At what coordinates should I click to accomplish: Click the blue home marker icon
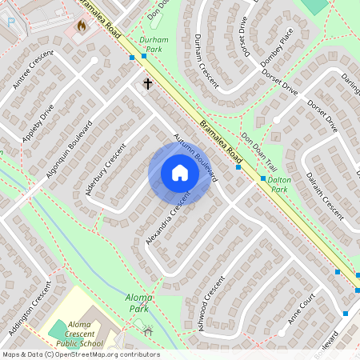[x=180, y=173]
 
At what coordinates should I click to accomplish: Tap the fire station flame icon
[x=81, y=26]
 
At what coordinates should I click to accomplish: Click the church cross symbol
[x=147, y=83]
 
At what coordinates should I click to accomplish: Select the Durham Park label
[x=152, y=43]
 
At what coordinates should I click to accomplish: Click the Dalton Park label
[x=278, y=185]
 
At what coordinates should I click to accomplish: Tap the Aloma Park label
[x=138, y=302]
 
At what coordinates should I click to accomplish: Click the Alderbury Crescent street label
[x=106, y=169]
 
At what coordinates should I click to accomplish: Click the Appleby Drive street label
[x=38, y=122]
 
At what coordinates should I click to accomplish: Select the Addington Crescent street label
[x=30, y=308]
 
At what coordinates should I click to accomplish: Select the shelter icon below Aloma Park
[x=147, y=329]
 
